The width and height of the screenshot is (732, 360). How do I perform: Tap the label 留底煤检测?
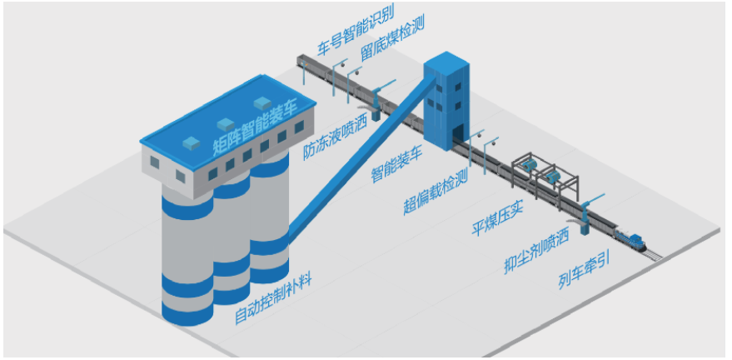392,37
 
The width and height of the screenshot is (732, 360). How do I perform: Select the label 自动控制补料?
274,299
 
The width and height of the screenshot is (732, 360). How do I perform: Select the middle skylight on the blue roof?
227,122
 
